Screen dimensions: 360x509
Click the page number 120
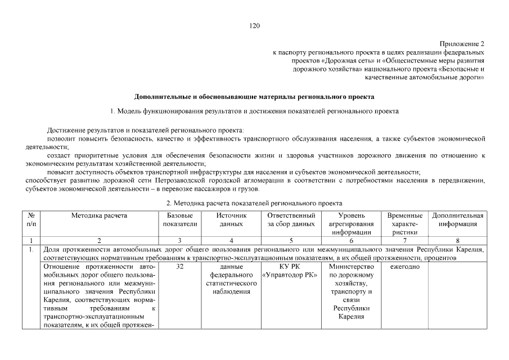point(254,25)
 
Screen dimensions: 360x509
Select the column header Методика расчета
point(99,216)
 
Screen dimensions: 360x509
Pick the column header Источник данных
point(231,220)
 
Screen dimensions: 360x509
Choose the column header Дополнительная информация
point(457,220)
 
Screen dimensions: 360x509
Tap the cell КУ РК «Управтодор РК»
point(290,271)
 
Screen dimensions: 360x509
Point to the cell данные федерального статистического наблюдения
point(231,279)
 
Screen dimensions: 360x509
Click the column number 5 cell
point(291,240)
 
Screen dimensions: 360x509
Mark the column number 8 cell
point(457,240)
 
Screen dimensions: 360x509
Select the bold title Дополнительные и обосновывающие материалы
point(254,97)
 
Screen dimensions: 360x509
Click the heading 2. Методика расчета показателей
point(254,202)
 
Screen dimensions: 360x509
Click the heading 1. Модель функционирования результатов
point(254,111)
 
